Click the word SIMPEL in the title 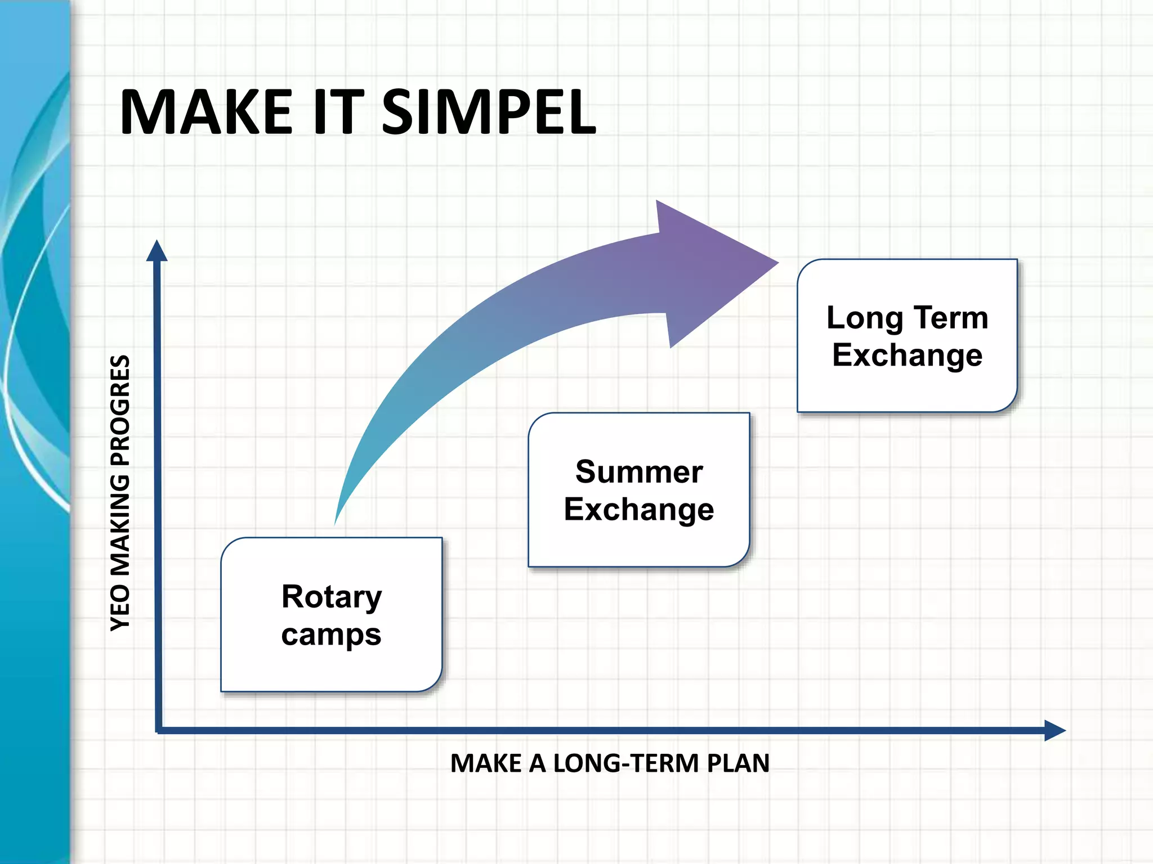[x=488, y=112]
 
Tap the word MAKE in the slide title [x=206, y=112]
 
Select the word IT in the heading [x=338, y=112]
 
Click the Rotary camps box [x=332, y=614]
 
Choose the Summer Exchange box [x=639, y=489]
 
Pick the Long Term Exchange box [x=907, y=336]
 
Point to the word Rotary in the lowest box [x=332, y=596]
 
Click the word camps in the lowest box [x=332, y=634]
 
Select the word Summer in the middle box [x=639, y=471]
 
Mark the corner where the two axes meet [x=158, y=730]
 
